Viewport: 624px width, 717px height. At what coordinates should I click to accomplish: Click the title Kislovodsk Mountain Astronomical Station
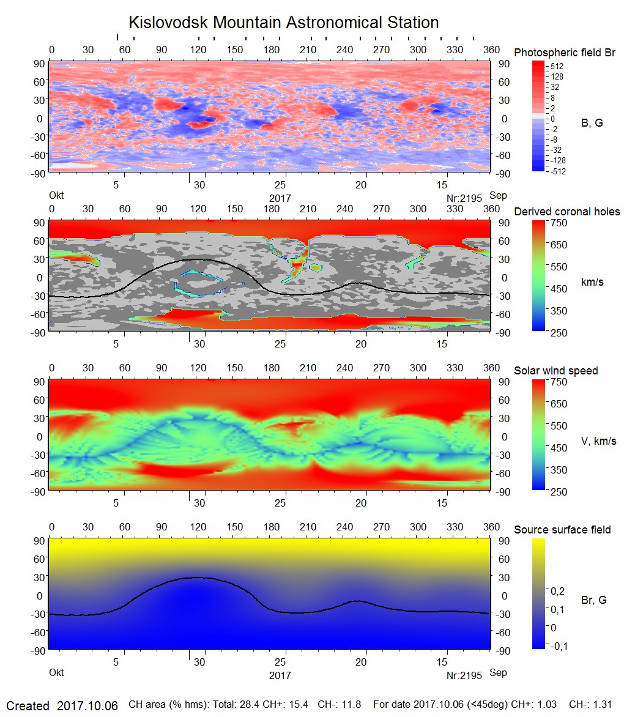pos(283,23)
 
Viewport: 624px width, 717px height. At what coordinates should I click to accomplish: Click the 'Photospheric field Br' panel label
pos(565,53)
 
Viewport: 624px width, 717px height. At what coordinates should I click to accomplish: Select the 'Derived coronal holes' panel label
pos(567,212)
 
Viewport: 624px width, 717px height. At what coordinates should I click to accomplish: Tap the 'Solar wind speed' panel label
pos(556,371)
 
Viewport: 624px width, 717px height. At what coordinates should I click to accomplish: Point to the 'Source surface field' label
pos(562,529)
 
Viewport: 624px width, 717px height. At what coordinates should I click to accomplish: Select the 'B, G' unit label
pos(592,123)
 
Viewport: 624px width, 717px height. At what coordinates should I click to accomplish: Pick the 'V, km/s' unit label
pos(598,441)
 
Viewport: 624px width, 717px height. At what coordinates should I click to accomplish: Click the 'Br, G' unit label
pos(594,600)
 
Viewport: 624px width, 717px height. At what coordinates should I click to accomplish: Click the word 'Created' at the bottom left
pos(28,706)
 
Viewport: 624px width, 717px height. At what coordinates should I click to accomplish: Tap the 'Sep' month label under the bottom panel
pos(498,673)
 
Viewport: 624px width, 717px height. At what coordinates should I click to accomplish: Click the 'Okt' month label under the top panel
pos(56,196)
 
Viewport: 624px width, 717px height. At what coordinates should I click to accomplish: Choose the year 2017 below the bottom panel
pos(280,675)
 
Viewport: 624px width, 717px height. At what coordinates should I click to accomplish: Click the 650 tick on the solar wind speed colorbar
pos(557,404)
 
